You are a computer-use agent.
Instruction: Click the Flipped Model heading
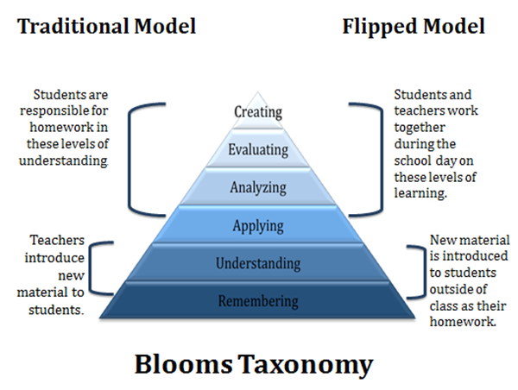[x=414, y=26]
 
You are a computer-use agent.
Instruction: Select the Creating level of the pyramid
[x=258, y=111]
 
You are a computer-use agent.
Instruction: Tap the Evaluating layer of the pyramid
[x=258, y=149]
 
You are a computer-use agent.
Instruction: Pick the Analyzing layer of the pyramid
[x=258, y=186]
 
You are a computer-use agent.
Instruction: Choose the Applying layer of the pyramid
[x=258, y=225]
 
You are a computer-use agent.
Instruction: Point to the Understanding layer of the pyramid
[x=258, y=262]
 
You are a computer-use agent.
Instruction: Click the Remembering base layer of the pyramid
[x=258, y=301]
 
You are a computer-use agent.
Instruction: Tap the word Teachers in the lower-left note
[x=59, y=242]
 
